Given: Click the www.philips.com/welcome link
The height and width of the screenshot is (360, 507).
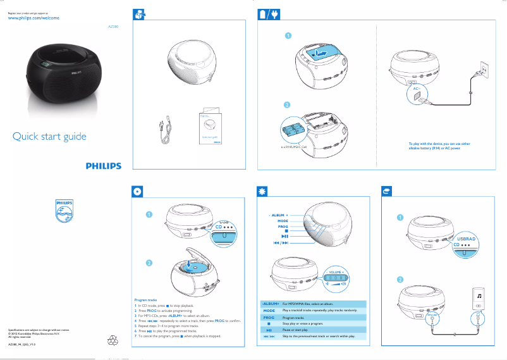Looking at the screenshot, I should pyautogui.click(x=33, y=19).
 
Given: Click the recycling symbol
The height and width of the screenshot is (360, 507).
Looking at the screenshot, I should pyautogui.click(x=113, y=340).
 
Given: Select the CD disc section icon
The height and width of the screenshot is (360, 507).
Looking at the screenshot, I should pyautogui.click(x=138, y=190).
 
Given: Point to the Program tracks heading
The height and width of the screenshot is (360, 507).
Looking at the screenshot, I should pyautogui.click(x=148, y=300).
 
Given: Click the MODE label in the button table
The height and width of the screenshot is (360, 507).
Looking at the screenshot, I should pyautogui.click(x=269, y=311).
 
